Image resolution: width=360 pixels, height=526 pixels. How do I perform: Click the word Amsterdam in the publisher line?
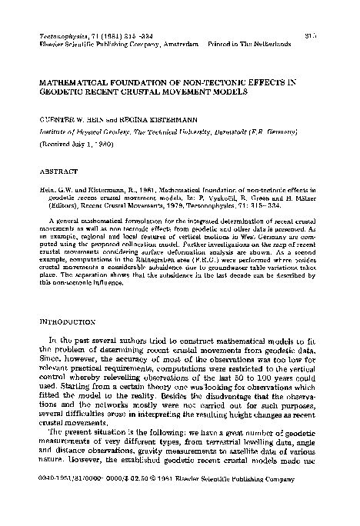182,45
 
